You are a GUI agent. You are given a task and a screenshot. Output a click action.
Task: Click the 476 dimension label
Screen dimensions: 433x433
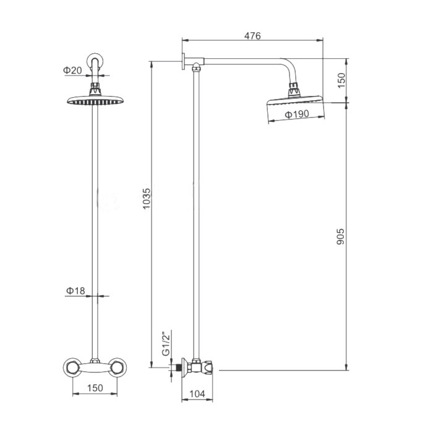pos(252,36)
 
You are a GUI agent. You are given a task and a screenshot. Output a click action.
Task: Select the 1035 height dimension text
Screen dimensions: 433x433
pos(147,199)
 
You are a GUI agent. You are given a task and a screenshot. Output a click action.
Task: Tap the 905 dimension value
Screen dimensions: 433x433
pos(341,236)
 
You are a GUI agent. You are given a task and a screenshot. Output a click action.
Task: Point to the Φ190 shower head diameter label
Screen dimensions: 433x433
pos(297,114)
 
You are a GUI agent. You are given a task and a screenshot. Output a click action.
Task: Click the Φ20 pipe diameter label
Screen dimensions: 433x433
pos(72,71)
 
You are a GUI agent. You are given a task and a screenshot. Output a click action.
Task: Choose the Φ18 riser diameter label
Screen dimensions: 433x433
pos(75,291)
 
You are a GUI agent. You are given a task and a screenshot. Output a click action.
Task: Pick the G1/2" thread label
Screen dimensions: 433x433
pos(166,343)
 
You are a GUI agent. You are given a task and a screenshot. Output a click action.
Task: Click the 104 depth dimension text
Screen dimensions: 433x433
pos(197,394)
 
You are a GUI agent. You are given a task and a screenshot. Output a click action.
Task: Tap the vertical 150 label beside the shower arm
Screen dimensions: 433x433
pos(341,80)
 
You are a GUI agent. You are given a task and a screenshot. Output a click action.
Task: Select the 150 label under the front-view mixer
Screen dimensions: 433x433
pos(95,388)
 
